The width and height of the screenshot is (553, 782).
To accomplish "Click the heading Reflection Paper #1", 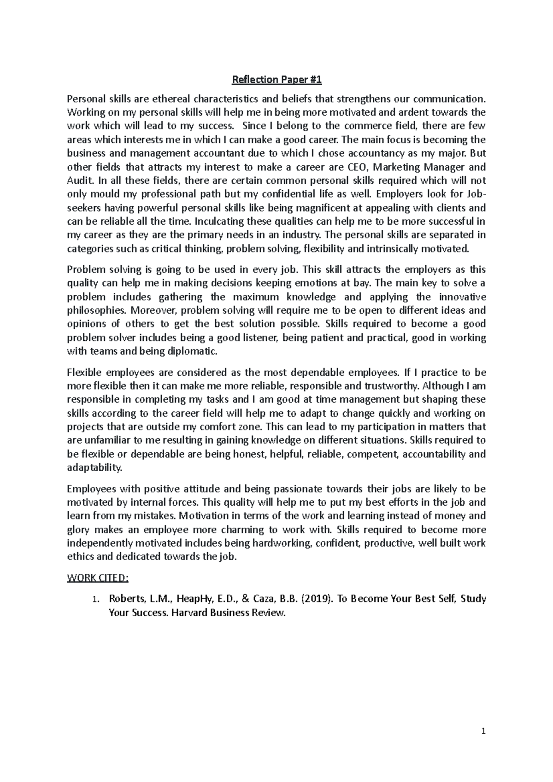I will point(276,80).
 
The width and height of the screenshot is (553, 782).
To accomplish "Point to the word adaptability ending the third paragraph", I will point(94,467).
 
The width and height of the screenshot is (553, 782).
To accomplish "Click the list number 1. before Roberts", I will point(94,600).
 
